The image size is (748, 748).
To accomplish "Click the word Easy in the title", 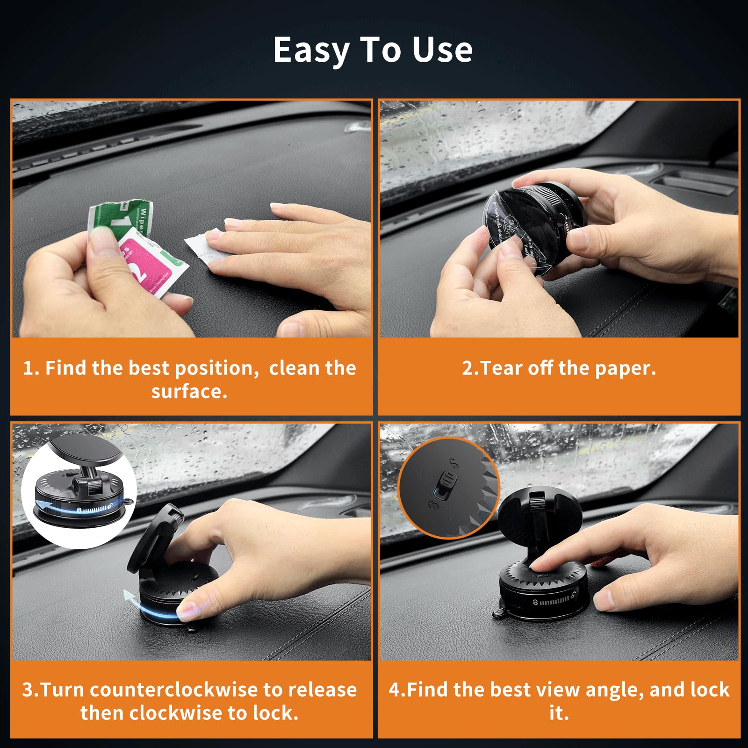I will click(x=311, y=50).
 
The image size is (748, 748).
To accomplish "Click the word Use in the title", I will click(x=442, y=50).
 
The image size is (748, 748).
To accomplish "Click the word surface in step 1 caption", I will click(x=188, y=391).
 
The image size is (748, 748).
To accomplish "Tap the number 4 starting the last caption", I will click(x=394, y=690).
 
